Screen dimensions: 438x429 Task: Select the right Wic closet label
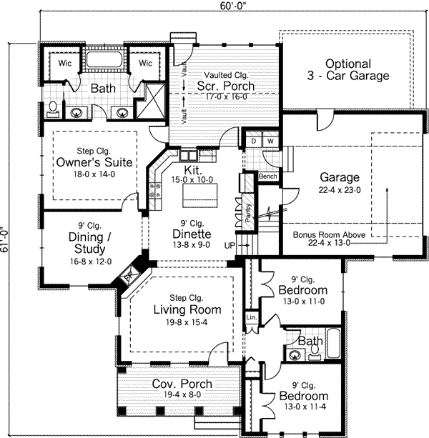[145, 64]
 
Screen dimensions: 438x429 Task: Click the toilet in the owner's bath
[53, 109]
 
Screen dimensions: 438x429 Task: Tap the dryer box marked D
[252, 141]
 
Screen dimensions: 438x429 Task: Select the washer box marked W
[270, 141]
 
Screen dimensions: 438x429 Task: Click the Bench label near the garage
[268, 176]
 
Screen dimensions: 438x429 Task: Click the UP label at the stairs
[230, 246]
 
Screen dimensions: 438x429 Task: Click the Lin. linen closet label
[251, 315]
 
